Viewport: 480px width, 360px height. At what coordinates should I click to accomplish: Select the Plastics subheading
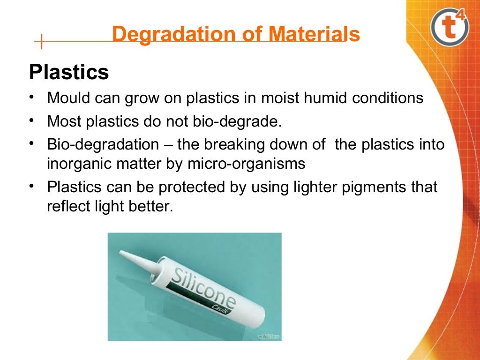(69, 73)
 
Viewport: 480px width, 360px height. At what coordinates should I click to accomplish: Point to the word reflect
(67, 207)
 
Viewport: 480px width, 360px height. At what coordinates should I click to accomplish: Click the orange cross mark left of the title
(41, 42)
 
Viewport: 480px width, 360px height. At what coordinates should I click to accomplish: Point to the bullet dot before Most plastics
(31, 120)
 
